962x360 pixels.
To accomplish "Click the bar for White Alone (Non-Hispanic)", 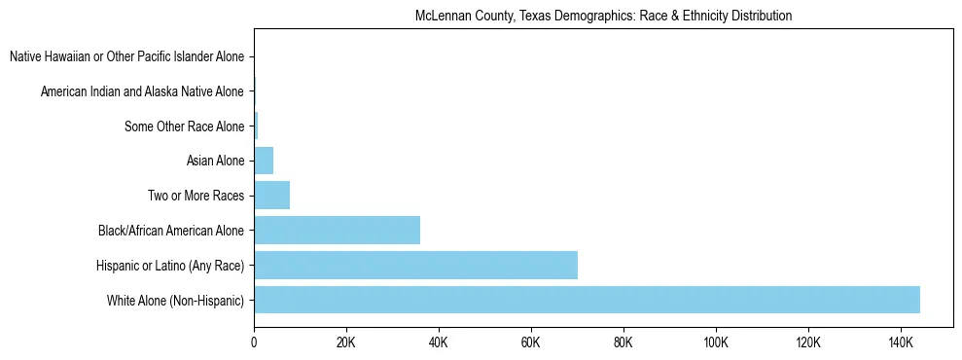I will [x=587, y=300].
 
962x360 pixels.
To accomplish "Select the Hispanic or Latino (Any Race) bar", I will [x=415, y=265].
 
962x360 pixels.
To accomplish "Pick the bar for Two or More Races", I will [x=271, y=196].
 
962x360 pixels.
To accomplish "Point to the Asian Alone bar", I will [x=264, y=161].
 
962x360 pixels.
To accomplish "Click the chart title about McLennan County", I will [x=603, y=16].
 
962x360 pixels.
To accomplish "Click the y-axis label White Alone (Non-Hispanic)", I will [x=176, y=301].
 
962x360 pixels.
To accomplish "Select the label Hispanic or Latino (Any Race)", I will [x=170, y=266].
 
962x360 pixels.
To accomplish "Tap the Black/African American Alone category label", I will [x=171, y=231].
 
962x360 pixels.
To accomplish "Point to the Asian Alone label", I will [x=215, y=161].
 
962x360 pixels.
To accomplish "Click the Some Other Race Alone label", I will [x=185, y=126].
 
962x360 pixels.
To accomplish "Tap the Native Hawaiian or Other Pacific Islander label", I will [x=126, y=56].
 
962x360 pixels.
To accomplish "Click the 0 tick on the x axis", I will [x=254, y=343].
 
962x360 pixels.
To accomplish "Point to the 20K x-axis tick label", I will [x=346, y=343].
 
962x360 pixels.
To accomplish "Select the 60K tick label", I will [x=531, y=343].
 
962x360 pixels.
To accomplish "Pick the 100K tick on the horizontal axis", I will [x=716, y=343].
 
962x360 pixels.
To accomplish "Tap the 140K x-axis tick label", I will [x=901, y=343].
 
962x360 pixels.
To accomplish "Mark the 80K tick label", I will [x=624, y=343].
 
